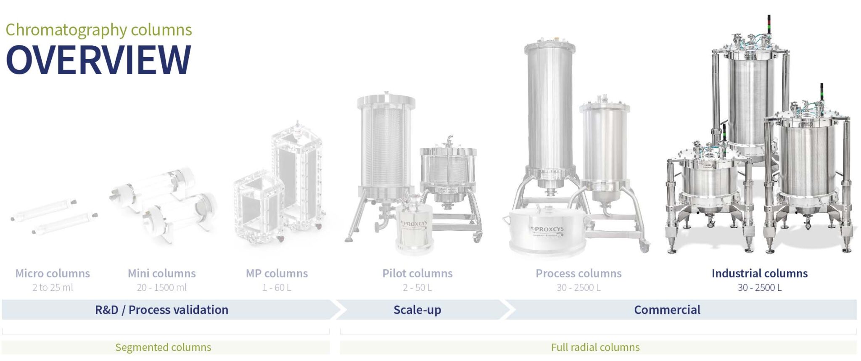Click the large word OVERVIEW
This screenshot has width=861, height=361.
point(98,60)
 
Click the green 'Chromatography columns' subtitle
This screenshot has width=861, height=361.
point(98,30)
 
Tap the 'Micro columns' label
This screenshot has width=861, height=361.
point(53,274)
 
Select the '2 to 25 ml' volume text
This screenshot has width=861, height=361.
point(53,288)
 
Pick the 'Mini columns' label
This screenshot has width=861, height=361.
point(161,274)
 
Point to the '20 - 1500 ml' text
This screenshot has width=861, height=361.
point(161,288)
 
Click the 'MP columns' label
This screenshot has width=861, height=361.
point(277,274)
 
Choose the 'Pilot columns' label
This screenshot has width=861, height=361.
point(417,274)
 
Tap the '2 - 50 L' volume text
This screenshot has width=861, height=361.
point(417,288)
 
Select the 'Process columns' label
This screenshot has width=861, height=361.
point(578,274)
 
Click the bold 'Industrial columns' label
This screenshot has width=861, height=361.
point(759,274)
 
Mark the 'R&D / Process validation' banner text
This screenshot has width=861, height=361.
point(161,310)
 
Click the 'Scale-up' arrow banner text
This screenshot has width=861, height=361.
point(417,310)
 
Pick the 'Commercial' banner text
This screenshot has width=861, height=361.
point(667,310)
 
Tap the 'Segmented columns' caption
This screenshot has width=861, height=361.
point(163,348)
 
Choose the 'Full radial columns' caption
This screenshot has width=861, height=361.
point(595,348)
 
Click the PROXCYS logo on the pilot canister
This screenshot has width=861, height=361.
point(414,224)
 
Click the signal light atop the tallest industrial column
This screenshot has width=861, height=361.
point(769,24)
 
